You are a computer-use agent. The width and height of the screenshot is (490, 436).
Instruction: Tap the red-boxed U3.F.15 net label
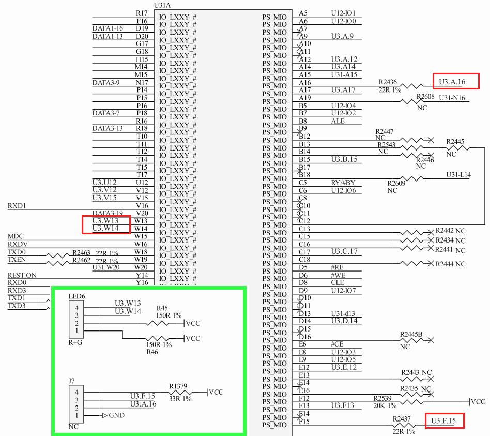coord(443,422)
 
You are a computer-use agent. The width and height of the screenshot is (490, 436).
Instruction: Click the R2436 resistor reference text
coord(388,82)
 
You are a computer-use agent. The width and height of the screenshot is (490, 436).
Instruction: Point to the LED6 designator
coord(76,296)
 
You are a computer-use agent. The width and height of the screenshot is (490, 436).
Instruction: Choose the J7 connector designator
coord(72,381)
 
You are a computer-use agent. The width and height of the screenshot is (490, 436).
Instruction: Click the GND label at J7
coord(117,415)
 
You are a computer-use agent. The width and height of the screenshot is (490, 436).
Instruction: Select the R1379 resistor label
coord(178,386)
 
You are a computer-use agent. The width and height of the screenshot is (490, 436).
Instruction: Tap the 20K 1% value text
coord(385,405)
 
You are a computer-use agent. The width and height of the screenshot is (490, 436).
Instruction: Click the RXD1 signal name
coord(17,206)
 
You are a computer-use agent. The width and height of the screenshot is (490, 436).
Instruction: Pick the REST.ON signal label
coord(22,275)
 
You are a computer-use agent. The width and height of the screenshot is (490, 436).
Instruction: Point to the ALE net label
coord(338,121)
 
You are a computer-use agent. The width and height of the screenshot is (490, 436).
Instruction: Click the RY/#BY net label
coord(343,183)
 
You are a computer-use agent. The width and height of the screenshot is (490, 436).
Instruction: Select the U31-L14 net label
coord(458,175)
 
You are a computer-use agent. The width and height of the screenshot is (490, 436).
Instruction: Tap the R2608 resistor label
coord(425,97)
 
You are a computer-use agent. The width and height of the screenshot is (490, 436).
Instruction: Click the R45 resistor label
coord(163,308)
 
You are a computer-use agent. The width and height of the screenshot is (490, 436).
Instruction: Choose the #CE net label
coord(337,344)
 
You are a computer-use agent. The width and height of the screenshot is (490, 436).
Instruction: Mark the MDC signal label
coord(16,236)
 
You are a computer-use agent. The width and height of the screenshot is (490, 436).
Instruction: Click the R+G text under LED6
coord(75,342)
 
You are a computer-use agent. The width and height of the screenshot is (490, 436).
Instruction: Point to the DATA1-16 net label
coord(108,28)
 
